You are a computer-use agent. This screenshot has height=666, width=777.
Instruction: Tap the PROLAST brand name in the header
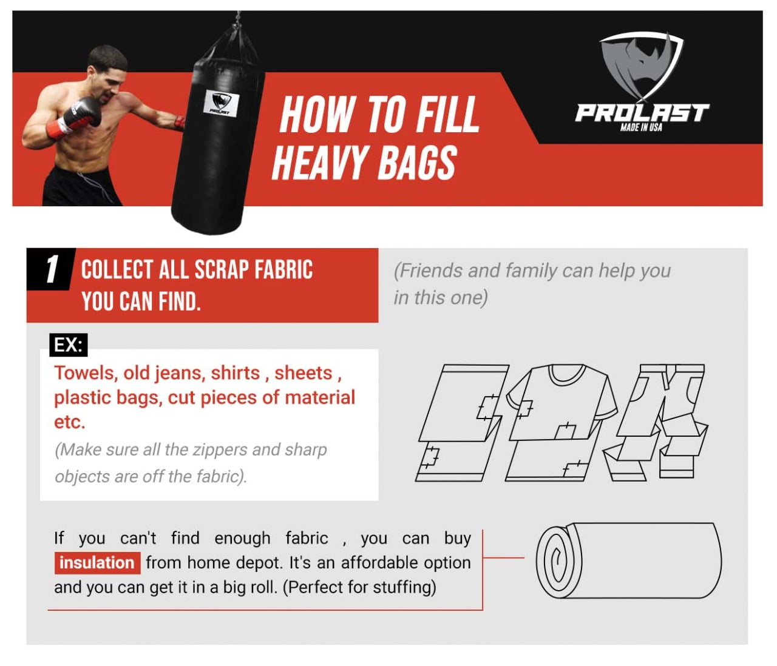pyautogui.click(x=642, y=113)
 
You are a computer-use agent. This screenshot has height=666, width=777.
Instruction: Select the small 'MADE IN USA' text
pyautogui.click(x=641, y=127)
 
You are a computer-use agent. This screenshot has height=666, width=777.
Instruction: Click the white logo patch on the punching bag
pyautogui.click(x=221, y=103)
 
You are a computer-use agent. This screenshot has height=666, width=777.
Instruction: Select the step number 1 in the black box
pyautogui.click(x=52, y=269)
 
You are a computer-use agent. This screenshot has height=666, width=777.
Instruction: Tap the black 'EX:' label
pyautogui.click(x=69, y=345)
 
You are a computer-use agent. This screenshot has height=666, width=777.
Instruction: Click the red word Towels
pyautogui.click(x=84, y=374)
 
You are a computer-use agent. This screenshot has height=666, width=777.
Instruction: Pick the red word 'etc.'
pyautogui.click(x=70, y=422)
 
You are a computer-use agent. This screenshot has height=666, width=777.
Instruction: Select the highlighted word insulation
pyautogui.click(x=97, y=563)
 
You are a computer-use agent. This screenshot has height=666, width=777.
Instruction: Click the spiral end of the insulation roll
pyautogui.click(x=558, y=560)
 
